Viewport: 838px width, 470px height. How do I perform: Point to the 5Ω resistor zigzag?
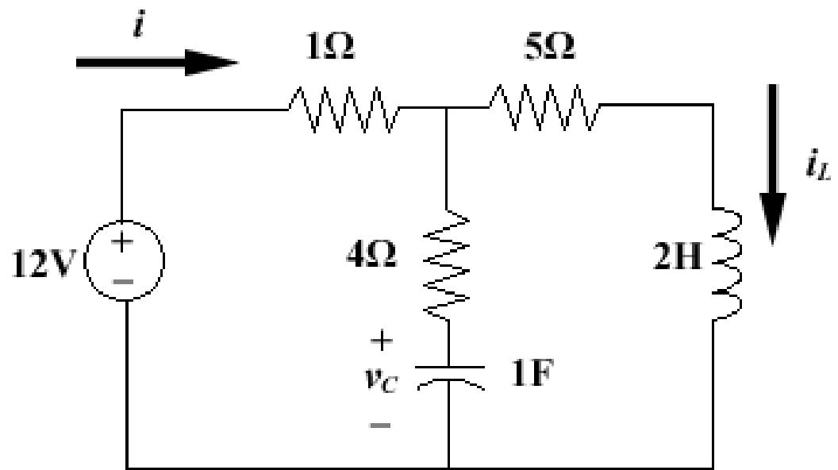point(544,110)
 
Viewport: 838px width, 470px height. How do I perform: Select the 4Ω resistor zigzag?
point(449,262)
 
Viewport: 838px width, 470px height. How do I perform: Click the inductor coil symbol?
point(726,262)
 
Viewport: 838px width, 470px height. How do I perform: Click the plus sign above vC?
point(382,341)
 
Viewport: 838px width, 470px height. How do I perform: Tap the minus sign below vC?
point(380,425)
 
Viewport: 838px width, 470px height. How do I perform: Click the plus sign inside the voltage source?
point(125,244)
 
